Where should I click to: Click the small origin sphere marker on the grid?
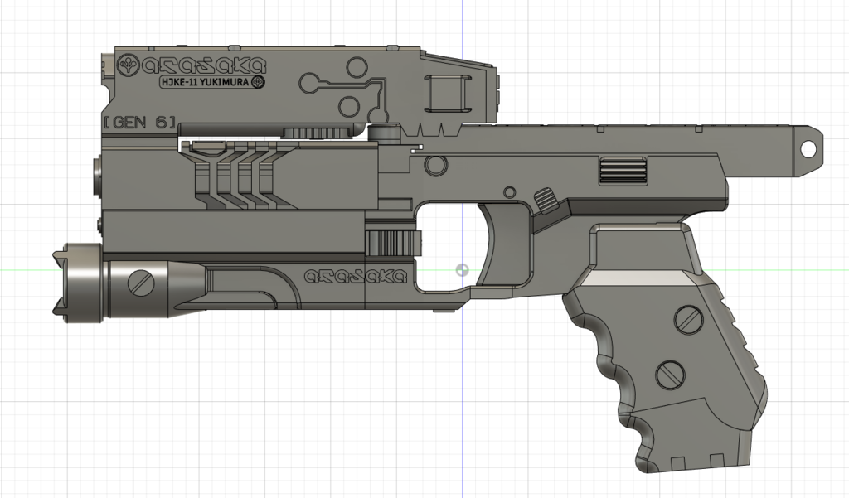click(463, 270)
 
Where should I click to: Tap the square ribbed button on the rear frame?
click(620, 172)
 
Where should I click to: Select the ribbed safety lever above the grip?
click(546, 200)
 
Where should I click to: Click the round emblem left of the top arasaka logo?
click(129, 64)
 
